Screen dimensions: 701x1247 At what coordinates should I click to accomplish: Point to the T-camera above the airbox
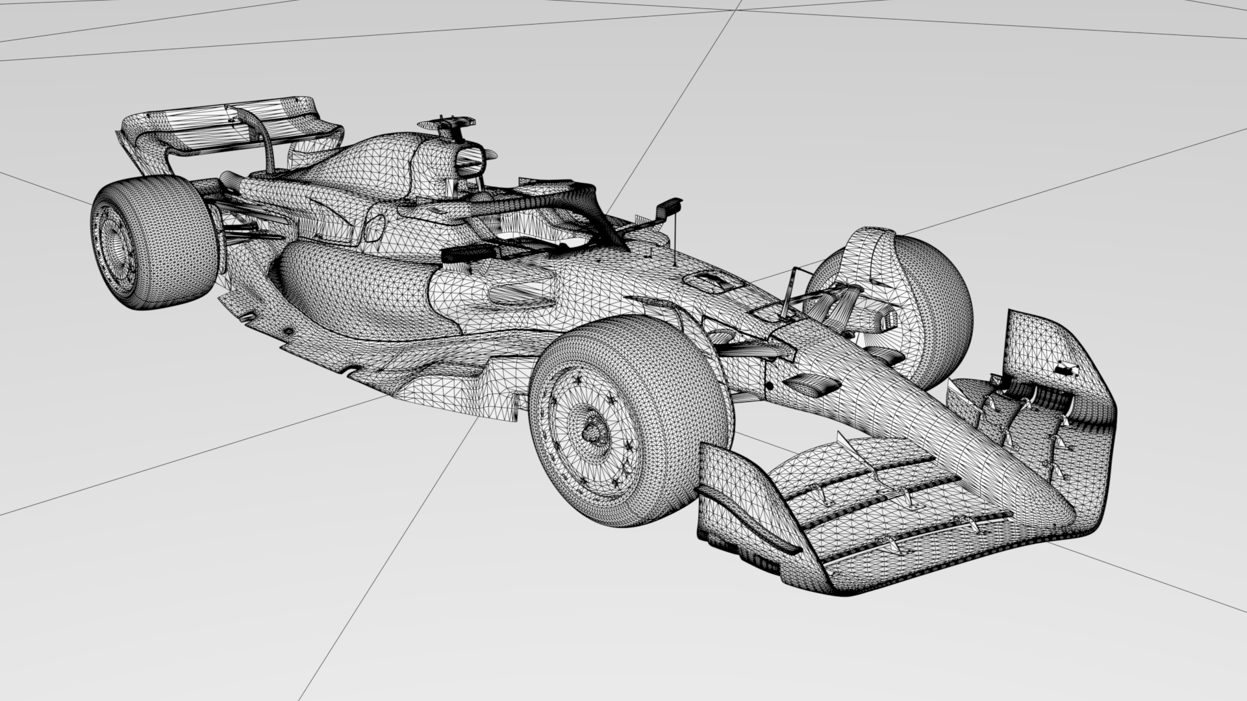coord(447,122)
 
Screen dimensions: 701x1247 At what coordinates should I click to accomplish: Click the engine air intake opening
coord(469,162)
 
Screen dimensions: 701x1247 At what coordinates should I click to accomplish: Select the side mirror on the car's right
coord(669,207)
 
